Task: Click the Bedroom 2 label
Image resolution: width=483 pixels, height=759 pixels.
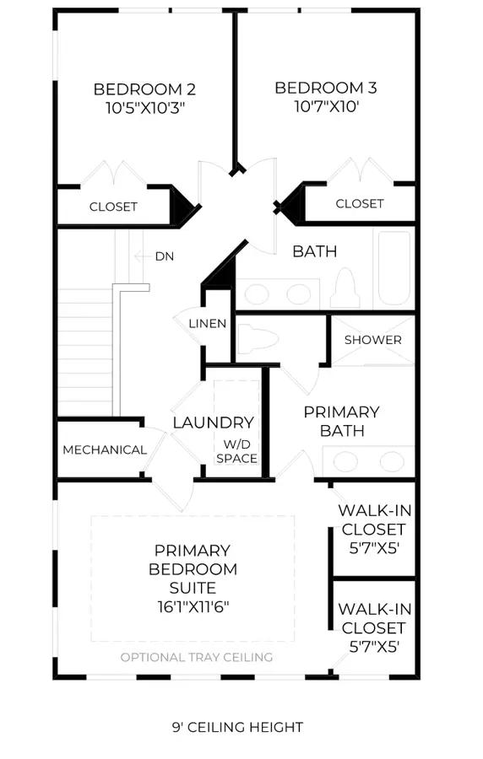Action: click(x=144, y=89)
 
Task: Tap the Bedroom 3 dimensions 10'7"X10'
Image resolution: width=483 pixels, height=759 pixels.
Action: click(x=327, y=106)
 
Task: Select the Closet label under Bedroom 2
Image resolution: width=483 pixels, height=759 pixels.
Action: click(x=113, y=207)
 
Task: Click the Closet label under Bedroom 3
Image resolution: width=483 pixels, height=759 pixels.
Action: click(x=360, y=203)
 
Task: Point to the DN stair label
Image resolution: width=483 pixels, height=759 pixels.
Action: click(x=164, y=256)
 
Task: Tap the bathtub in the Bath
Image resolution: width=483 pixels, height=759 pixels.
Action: click(x=393, y=269)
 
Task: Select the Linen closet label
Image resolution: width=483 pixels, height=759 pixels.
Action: click(x=208, y=323)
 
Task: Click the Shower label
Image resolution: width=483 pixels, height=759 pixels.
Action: click(x=373, y=340)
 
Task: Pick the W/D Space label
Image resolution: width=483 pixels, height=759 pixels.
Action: click(x=237, y=451)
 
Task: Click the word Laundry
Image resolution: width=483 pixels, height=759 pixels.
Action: click(x=213, y=423)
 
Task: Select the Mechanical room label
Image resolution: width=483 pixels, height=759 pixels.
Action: click(x=105, y=449)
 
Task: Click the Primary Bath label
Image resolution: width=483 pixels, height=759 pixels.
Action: click(x=341, y=421)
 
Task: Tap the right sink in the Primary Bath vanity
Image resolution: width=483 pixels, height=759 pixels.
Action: click(x=392, y=461)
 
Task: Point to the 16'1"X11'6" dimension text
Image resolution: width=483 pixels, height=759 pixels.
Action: click(x=193, y=606)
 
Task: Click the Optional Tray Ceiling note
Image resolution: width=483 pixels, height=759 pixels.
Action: click(x=196, y=657)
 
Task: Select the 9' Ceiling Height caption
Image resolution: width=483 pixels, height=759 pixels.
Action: click(x=237, y=727)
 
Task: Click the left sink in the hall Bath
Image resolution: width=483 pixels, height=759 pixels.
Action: click(x=256, y=293)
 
